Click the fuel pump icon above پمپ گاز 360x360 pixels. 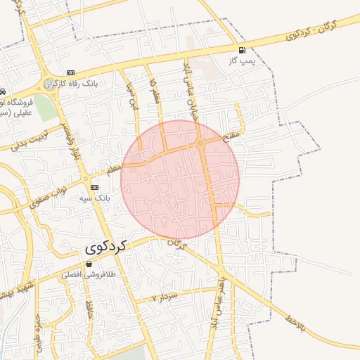coord(243,50)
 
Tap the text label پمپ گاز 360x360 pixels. coord(240,61)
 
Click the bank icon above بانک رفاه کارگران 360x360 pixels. coord(70,72)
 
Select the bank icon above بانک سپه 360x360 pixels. coord(94,187)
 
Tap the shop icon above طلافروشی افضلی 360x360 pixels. coord(89,264)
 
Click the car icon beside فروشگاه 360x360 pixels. coord(4,92)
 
